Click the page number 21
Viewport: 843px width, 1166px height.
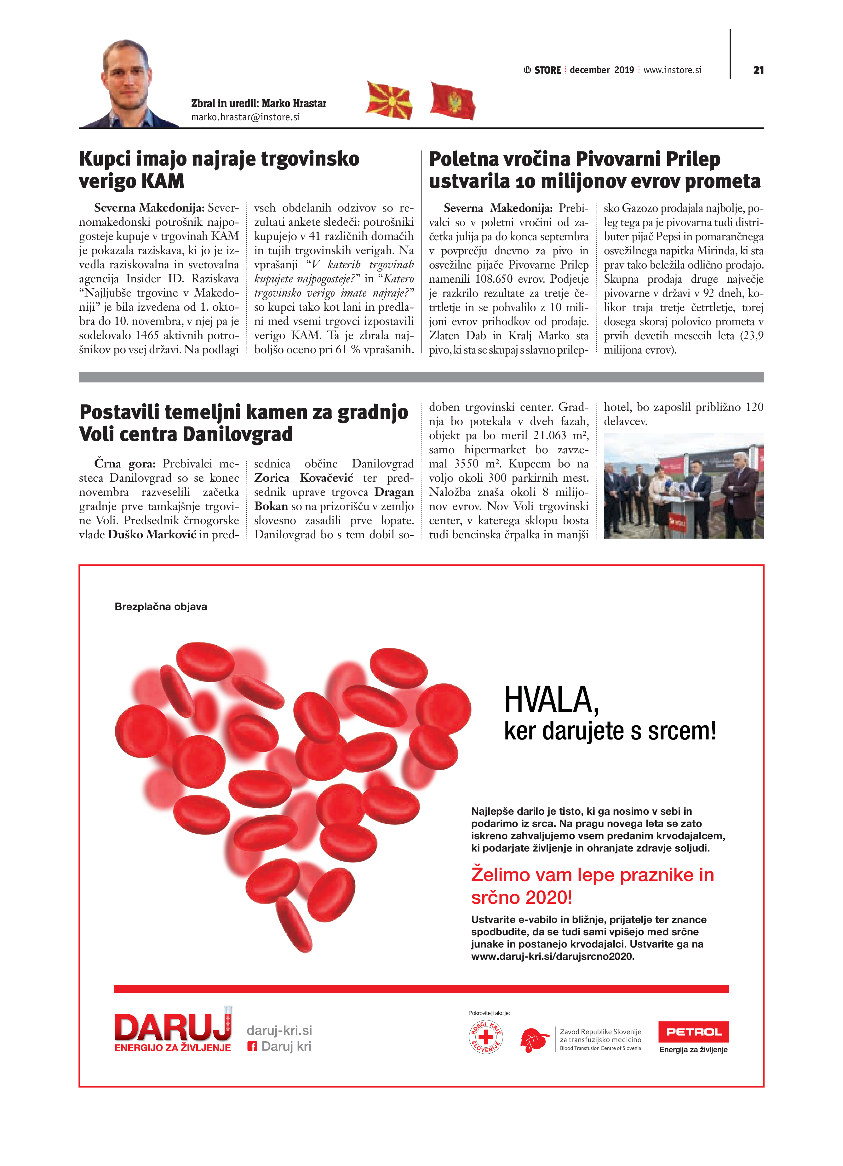758,71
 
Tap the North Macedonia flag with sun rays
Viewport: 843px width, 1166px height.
389,100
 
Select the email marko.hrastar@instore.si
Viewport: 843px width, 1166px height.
245,117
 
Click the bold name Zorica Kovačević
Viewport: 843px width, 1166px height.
303,478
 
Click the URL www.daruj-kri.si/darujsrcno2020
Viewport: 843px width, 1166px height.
553,956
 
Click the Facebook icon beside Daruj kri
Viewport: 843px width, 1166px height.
252,1046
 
